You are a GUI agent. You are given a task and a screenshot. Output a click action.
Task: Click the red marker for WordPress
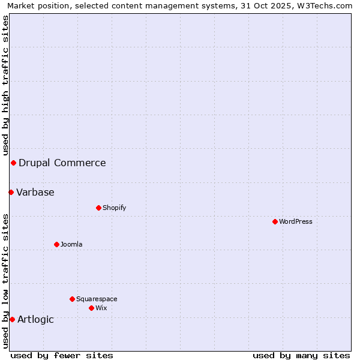point(275,221)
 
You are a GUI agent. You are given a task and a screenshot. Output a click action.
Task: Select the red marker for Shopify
point(98,208)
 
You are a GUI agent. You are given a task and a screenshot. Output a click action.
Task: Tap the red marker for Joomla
point(56,244)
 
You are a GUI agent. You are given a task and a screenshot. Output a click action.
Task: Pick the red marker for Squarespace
point(72,299)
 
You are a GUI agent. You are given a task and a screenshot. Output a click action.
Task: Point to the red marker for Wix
point(91,308)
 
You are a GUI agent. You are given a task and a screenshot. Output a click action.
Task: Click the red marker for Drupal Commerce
point(13,163)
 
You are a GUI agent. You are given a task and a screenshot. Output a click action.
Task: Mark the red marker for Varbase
point(11,192)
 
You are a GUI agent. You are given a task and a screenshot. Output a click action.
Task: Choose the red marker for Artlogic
point(12,319)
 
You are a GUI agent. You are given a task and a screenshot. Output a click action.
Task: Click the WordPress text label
point(296,221)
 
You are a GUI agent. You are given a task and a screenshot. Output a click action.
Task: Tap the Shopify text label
point(114,208)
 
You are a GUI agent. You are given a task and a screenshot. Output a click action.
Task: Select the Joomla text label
point(71,244)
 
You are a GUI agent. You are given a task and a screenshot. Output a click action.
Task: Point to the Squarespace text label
point(97,299)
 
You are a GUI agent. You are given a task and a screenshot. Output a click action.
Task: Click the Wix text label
point(101,308)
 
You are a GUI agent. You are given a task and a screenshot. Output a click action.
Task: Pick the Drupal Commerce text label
point(62,163)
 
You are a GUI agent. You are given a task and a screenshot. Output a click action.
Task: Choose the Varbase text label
point(35,192)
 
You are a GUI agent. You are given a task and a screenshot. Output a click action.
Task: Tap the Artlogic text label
point(35,319)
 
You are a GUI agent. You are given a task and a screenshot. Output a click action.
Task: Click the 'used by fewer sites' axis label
point(62,355)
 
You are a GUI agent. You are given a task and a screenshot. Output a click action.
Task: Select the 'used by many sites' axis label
point(301,355)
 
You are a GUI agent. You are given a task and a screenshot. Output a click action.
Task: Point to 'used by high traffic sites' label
point(5,86)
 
